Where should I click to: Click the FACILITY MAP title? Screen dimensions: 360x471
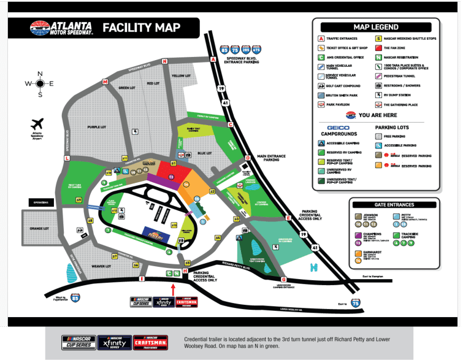tap(141, 28)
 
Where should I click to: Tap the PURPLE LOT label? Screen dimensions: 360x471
tap(96, 127)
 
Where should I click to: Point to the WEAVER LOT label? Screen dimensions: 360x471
tap(102, 266)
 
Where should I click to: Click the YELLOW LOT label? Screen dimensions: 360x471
tap(182, 76)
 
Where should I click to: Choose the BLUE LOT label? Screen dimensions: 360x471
tap(204, 153)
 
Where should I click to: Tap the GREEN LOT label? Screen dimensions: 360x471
tap(126, 88)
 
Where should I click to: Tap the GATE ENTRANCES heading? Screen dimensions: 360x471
tap(394, 204)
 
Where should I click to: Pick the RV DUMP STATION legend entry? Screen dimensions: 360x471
tap(399, 95)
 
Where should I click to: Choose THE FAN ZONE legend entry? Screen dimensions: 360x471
tap(397, 47)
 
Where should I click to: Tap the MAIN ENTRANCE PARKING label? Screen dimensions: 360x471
tap(271, 158)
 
